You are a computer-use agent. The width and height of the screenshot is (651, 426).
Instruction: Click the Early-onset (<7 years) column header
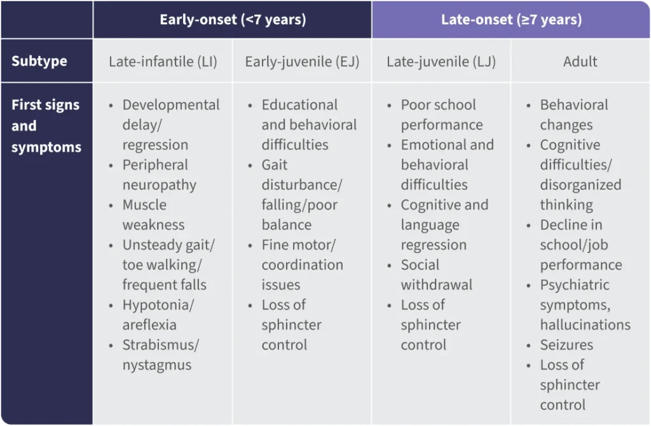[233, 20]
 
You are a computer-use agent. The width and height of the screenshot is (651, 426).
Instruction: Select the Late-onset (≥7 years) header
[511, 20]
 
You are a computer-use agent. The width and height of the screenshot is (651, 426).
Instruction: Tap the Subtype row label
[39, 62]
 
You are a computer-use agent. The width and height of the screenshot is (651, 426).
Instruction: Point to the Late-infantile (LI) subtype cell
[163, 62]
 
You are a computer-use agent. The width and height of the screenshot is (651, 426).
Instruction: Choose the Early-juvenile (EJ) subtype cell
[302, 62]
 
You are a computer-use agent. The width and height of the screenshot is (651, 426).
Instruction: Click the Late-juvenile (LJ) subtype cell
[441, 62]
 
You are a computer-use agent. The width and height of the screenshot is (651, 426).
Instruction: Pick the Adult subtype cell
[580, 62]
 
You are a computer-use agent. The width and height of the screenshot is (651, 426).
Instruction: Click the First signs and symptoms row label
[46, 126]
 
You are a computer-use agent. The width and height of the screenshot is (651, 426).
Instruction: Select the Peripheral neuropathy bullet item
[159, 175]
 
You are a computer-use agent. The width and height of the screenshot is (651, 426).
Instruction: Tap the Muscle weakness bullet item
[153, 215]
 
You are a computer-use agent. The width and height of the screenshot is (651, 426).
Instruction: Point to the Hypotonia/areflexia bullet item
[158, 315]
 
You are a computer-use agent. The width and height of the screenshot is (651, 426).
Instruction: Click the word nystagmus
[157, 365]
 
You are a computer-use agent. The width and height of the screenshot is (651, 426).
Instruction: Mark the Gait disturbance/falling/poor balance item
[302, 195]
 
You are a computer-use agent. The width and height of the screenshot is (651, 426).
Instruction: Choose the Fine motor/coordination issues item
[302, 265]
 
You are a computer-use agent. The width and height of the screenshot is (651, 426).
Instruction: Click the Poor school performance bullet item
[441, 114]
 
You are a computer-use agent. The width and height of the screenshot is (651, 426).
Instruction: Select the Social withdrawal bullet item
[436, 275]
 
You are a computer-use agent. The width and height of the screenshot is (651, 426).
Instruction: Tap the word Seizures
[566, 345]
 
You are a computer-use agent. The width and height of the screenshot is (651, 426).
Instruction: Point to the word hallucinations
[585, 325]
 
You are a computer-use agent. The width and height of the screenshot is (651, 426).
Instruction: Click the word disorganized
[580, 185]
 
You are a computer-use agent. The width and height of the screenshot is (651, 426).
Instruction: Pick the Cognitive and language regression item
[444, 224]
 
